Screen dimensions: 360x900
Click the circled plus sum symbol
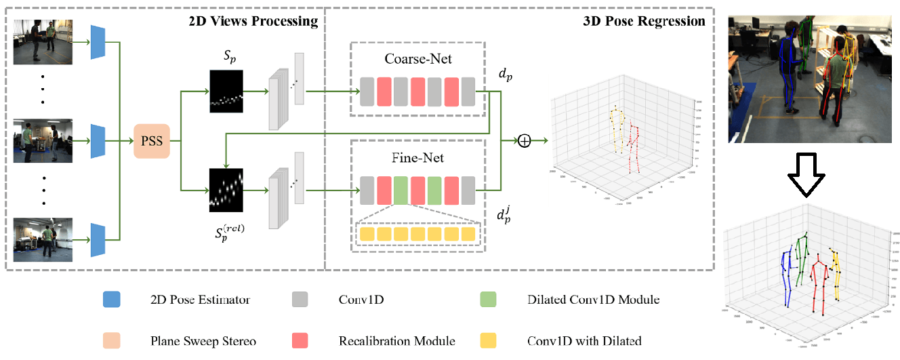524,141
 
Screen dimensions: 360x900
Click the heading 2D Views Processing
253,21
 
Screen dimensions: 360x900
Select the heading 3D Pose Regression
644,21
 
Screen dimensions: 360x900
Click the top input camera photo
43,42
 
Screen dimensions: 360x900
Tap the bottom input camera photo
43,239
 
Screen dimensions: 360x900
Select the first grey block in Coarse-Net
367,92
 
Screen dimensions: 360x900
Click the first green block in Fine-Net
401,190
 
